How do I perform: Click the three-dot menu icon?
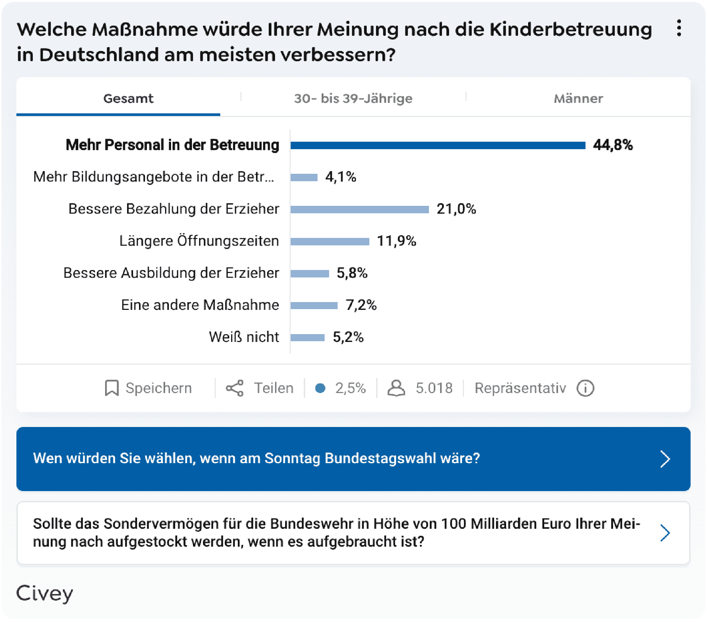(679, 28)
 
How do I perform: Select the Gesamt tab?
(128, 98)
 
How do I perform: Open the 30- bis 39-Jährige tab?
(353, 98)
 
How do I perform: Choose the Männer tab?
(578, 98)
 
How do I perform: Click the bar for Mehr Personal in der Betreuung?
(438, 145)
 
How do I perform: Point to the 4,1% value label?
(341, 177)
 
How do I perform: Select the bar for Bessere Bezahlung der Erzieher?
(360, 210)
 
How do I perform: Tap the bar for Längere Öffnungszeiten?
(330, 242)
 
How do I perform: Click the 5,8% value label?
(352, 273)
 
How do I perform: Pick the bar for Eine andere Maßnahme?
(314, 306)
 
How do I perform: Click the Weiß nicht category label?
(244, 337)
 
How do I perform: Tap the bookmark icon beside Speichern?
(111, 388)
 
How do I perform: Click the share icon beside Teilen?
(235, 388)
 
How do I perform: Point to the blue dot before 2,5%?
(320, 388)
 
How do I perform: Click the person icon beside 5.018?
(396, 388)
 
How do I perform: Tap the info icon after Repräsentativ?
(585, 388)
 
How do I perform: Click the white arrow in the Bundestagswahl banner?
(665, 459)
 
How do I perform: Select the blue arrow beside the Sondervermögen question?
(665, 533)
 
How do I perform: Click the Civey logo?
(45, 593)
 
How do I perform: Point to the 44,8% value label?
(613, 145)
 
